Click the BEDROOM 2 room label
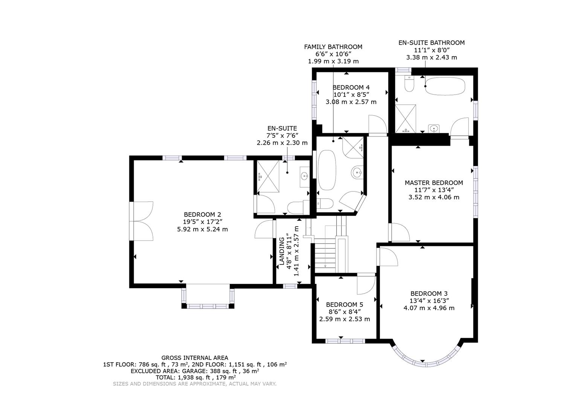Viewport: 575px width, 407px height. point(203,214)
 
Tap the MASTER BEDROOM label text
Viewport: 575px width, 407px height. point(434,183)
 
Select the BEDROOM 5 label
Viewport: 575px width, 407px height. point(344,304)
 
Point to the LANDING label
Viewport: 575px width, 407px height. point(281,251)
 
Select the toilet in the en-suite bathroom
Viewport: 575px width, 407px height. point(409,84)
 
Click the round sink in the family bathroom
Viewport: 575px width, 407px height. point(357,173)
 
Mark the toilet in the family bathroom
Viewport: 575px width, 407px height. point(324,204)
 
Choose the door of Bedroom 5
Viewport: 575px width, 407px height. point(365,285)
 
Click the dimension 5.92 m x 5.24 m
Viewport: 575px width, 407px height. point(203,229)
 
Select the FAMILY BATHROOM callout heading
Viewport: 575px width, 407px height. point(333,47)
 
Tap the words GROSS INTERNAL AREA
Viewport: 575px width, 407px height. point(195,358)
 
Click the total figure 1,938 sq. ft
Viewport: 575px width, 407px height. point(188,377)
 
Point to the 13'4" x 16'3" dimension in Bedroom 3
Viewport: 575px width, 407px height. point(429,301)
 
